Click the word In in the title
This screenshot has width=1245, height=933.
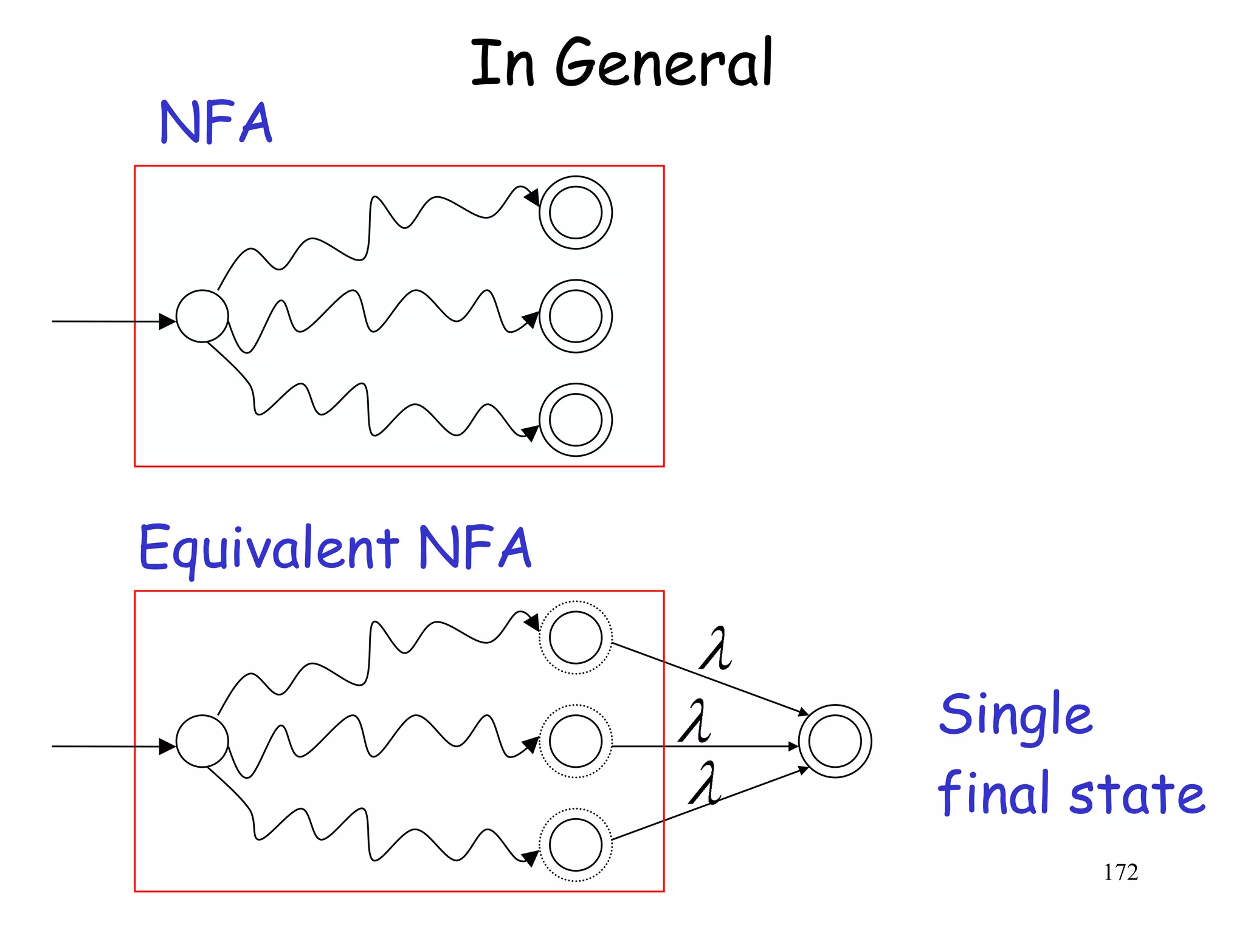(x=502, y=63)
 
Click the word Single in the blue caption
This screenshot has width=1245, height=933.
(x=1016, y=716)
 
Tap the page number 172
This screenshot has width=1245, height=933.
(x=1120, y=872)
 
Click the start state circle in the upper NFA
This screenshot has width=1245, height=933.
(x=202, y=316)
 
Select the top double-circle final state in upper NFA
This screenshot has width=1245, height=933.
(x=576, y=213)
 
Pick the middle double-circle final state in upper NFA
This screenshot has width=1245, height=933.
(x=576, y=316)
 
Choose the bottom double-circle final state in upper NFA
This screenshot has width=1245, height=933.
(x=576, y=420)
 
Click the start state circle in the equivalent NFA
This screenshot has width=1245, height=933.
(x=202, y=741)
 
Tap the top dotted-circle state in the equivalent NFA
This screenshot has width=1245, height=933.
(x=576, y=637)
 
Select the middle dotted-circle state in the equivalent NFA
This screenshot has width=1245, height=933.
(x=576, y=741)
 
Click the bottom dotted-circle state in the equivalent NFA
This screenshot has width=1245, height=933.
(x=576, y=845)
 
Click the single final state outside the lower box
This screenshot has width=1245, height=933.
(x=835, y=741)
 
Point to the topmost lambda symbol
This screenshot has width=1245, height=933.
(x=716, y=648)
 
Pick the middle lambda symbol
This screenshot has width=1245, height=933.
(x=695, y=721)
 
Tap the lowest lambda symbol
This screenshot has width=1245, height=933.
(x=705, y=783)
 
